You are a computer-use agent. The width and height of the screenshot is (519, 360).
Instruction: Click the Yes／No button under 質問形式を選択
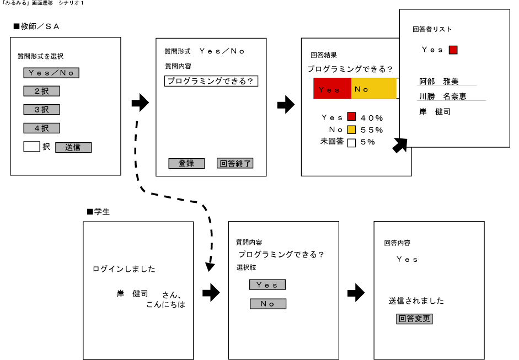tap(51, 72)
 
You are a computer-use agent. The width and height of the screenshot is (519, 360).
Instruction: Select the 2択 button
tap(41, 91)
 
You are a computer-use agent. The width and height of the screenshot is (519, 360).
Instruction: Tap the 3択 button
tap(41, 109)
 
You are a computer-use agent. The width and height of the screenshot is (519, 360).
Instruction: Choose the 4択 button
tap(41, 128)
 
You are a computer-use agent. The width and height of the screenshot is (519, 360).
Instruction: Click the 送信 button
tap(73, 147)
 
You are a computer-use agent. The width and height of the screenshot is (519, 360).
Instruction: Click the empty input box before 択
tap(31, 147)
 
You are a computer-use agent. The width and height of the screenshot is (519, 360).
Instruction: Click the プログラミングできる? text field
tap(211, 81)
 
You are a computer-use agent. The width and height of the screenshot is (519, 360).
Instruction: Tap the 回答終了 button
tap(235, 163)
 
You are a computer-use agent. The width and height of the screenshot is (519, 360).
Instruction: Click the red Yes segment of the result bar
tap(332, 89)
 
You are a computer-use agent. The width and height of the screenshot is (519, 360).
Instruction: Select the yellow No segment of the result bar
tap(373, 89)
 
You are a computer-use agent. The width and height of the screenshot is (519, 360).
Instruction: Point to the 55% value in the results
tap(372, 130)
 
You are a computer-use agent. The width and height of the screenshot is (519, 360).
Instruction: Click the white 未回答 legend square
tap(351, 142)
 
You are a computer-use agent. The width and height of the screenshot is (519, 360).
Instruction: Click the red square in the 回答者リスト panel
tap(453, 50)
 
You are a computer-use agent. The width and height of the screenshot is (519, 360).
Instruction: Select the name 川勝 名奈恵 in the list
tap(442, 96)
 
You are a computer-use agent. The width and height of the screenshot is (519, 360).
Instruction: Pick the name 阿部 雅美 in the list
tap(439, 82)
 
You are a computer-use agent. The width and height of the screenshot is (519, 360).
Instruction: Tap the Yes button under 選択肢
tap(267, 284)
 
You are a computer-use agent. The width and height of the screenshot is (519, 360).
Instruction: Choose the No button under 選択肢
tap(268, 304)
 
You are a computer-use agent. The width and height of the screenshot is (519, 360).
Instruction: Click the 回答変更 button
tap(414, 319)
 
